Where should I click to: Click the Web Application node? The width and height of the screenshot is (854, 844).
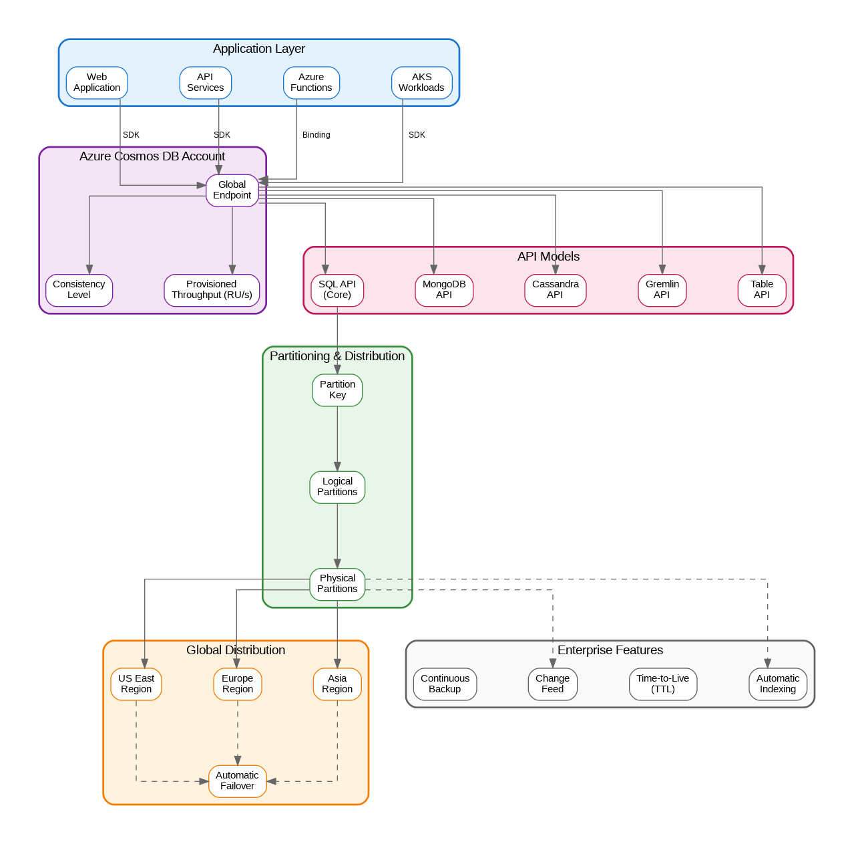97,83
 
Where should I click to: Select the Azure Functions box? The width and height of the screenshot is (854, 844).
311,83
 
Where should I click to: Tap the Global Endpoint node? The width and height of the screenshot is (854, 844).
232,190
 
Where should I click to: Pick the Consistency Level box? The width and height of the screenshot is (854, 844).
79,290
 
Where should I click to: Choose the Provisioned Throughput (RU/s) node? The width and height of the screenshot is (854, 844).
212,290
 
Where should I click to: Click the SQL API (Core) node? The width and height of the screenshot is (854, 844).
337,290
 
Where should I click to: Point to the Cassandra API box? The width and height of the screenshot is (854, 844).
555,290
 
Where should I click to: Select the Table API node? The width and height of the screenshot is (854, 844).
761,290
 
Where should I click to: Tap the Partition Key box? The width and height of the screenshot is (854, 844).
337,390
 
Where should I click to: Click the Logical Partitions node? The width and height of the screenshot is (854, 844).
337,487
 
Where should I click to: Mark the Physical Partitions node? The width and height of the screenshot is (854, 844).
337,584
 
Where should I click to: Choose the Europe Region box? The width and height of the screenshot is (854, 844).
238,684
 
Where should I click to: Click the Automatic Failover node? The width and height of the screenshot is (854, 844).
238,781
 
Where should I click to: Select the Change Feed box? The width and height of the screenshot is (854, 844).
552,684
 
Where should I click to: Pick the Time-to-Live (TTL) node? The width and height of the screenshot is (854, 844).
662,684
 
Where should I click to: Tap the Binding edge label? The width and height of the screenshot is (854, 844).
316,135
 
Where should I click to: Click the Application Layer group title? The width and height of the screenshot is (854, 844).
259,49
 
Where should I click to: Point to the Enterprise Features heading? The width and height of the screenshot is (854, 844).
610,650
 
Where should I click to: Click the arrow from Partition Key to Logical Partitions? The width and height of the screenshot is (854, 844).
337,438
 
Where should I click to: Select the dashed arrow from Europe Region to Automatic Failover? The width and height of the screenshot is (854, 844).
238,732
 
